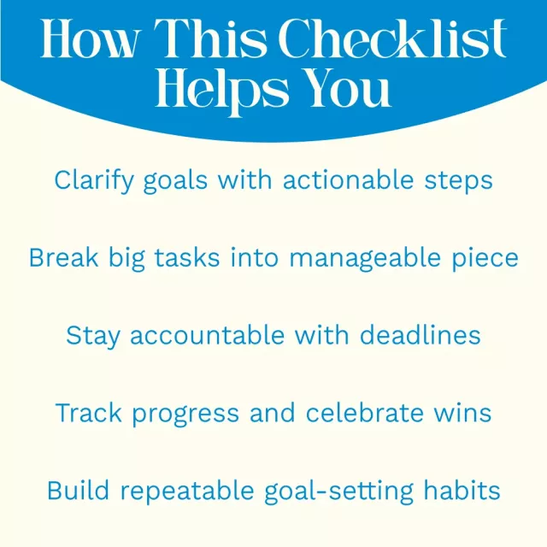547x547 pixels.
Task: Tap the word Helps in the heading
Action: pos(222,91)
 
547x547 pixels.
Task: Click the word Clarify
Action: pos(94,180)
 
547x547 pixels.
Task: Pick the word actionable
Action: pos(348,179)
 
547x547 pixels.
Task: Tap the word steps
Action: pos(458,181)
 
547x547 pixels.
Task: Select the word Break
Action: pos(63,257)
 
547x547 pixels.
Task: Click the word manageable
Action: pos(365,258)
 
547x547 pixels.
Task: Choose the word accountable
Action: pos(207,335)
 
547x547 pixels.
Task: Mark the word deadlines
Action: pos(420,335)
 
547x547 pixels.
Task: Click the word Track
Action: pos(88,413)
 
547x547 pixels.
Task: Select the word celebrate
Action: pos(365,413)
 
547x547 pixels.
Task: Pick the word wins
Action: pos(462,413)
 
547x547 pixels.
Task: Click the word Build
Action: pos(78,490)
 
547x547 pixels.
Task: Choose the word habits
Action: pos(462,490)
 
